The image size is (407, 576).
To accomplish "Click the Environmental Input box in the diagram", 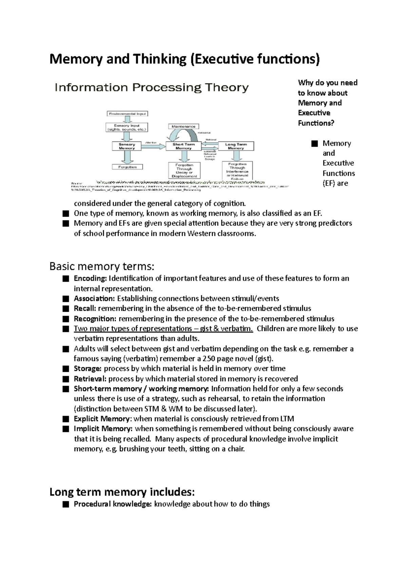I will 128,114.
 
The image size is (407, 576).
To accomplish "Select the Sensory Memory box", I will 127,146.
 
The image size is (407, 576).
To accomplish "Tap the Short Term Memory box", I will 183,146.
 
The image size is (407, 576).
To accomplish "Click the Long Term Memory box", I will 236,146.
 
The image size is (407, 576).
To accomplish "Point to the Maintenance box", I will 183,126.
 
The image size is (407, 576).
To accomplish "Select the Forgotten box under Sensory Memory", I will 128,167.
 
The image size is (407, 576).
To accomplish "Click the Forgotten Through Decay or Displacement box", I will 184,171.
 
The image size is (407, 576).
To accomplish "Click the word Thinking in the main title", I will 159,59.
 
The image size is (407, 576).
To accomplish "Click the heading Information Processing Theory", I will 152,88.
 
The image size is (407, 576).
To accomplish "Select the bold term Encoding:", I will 90,279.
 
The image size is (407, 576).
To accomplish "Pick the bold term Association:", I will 95,299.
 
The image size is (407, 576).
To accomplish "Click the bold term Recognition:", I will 95,319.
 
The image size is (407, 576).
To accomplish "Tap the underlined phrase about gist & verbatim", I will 163,329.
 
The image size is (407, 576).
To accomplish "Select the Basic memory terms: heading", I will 102,266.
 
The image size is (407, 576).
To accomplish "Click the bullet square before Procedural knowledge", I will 66,504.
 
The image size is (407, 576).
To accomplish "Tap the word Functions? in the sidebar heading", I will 316,123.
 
